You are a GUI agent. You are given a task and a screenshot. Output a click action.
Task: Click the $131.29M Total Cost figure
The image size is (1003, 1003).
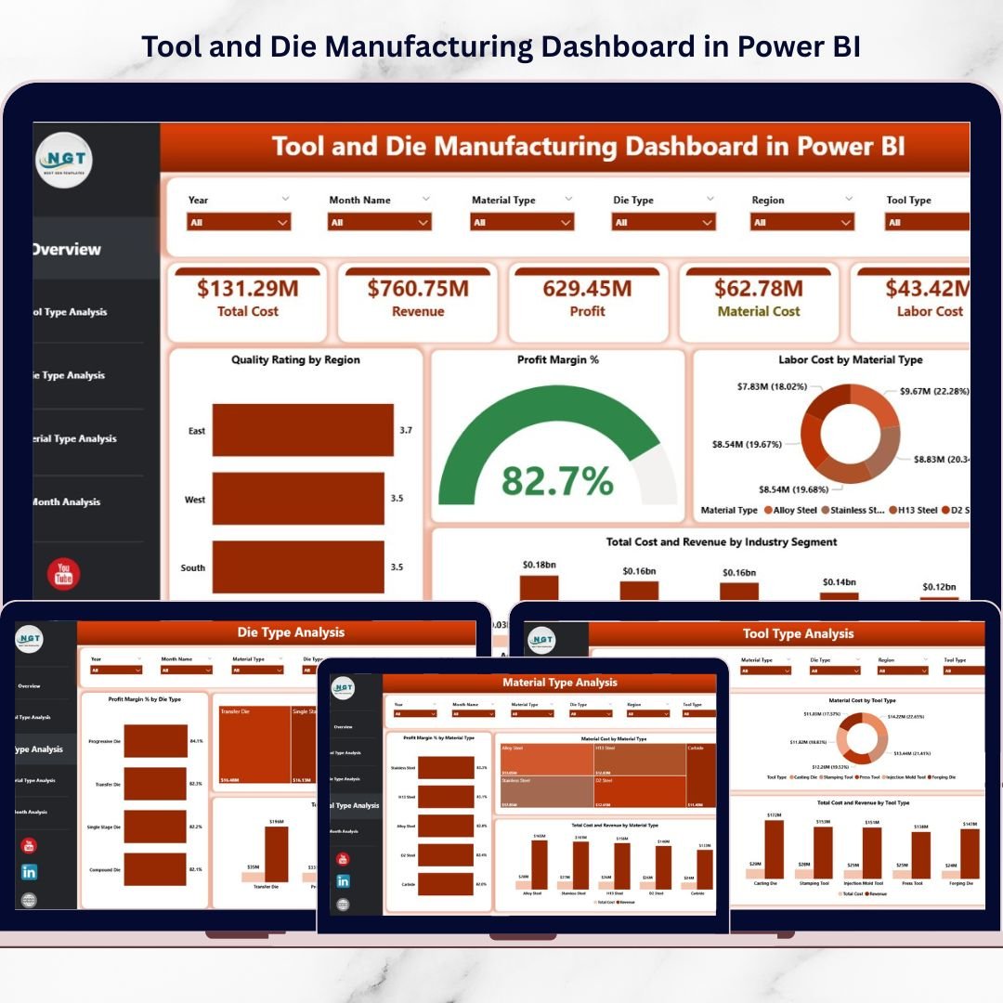coord(247,289)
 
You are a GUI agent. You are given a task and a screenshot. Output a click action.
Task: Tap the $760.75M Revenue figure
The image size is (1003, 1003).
coord(418,289)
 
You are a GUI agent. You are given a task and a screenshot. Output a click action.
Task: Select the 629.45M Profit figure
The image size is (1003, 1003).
coord(587,289)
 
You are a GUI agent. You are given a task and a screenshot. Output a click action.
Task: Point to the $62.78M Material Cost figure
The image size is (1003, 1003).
coord(759,289)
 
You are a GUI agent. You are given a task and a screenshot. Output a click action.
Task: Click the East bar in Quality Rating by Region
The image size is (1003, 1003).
coord(303,430)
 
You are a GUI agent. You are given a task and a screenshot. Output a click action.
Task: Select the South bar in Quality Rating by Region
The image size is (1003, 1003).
coord(298,567)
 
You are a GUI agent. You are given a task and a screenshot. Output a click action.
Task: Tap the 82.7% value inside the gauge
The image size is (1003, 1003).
coord(557,481)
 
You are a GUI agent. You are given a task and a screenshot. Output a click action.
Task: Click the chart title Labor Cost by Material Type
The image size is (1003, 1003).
coord(850,359)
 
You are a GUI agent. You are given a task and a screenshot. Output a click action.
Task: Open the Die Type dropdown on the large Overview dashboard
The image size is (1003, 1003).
coord(663,222)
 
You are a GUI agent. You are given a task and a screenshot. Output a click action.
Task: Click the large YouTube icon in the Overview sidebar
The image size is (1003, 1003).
coord(63,574)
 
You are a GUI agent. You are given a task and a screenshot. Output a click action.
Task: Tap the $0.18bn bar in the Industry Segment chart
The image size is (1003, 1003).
coord(539,588)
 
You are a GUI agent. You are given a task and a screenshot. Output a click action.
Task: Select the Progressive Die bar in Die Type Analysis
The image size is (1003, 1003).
coord(155,741)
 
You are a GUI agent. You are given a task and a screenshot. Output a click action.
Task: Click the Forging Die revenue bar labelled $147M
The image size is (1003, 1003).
coord(969,854)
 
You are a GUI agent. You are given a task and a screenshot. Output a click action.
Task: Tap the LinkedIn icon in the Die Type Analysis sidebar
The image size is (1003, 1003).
coord(29,872)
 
